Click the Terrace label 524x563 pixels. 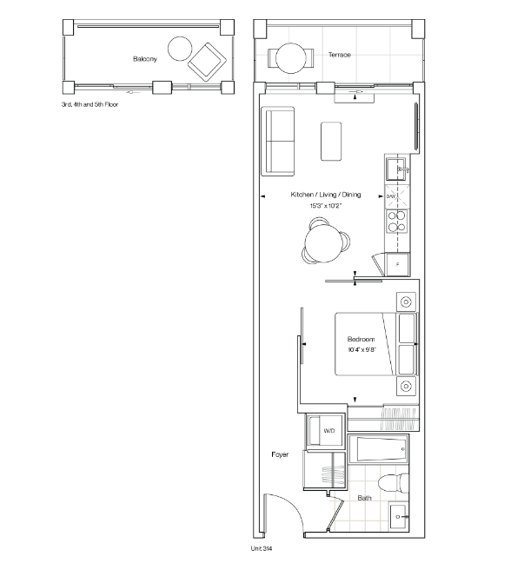coord(339,55)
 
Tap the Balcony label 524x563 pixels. coord(145,59)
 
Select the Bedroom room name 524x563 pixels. coord(361,339)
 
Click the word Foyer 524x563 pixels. coord(280,454)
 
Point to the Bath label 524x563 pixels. coord(364,498)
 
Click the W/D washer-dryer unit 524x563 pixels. coord(325,431)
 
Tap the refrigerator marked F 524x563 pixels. coord(398,264)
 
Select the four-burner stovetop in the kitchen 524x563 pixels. coord(396,222)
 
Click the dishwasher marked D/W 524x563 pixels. coord(397,196)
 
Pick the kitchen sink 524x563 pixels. coord(396,169)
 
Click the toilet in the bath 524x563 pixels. coord(394,483)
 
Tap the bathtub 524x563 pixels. coord(378,449)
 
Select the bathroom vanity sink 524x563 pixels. coord(399,516)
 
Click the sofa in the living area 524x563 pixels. coord(277,141)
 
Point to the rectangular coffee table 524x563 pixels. coord(331,141)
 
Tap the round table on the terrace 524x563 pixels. coord(291,58)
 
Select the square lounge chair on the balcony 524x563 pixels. coord(207,62)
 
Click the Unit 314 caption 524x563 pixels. coord(261,548)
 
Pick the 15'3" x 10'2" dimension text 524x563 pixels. coord(325,206)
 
